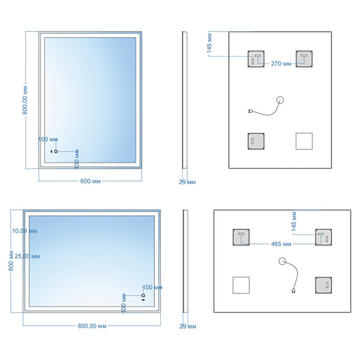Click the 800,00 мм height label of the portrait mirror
(x=26, y=101)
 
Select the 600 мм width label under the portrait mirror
(x=90, y=181)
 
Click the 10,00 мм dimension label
(x=25, y=230)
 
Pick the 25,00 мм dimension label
(x=26, y=256)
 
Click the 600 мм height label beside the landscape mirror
(x=11, y=260)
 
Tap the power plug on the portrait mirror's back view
(x=251, y=111)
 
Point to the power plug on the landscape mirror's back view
(x=295, y=292)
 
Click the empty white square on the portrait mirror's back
(x=304, y=141)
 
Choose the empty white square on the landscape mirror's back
(x=241, y=285)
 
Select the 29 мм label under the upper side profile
(x=187, y=181)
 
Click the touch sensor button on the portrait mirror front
(x=55, y=151)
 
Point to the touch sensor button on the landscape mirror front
(x=143, y=295)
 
